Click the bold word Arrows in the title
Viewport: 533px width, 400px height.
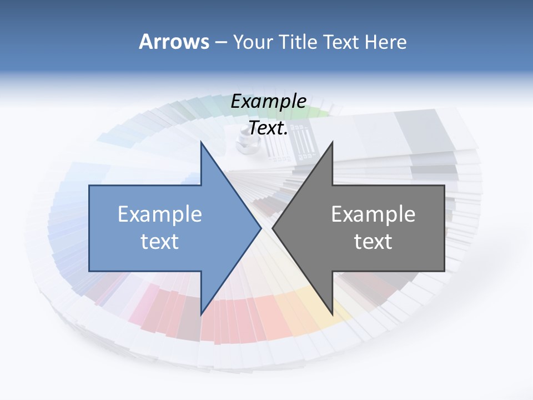[174, 42]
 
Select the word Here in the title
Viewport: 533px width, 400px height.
[386, 42]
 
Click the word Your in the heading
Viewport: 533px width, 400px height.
[253, 42]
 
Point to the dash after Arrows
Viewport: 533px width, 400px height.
[220, 42]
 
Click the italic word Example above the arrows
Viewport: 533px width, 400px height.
[268, 102]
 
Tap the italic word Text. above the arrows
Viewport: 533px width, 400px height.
[268, 128]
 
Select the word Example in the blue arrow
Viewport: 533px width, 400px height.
[160, 214]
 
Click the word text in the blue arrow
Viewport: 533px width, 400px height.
[160, 242]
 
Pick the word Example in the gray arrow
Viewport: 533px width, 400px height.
[373, 214]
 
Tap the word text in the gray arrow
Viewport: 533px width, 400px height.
[373, 242]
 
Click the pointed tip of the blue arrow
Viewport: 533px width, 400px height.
[260, 228]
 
